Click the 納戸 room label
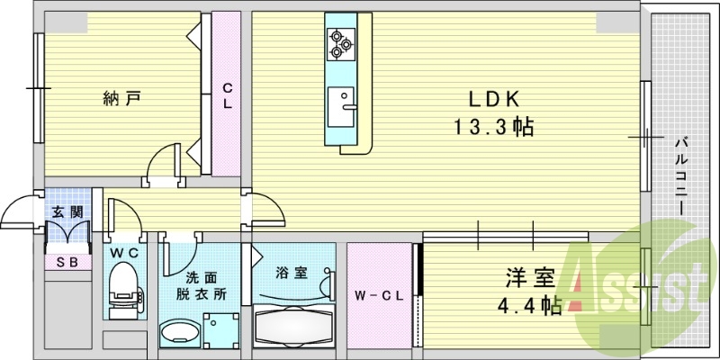(x=121, y=97)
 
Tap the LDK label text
(x=493, y=98)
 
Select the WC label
(x=124, y=255)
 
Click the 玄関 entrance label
(x=67, y=212)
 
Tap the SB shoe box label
(x=67, y=263)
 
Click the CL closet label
(x=228, y=95)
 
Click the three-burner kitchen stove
(x=340, y=42)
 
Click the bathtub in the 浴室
(x=293, y=326)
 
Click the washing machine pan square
(x=221, y=331)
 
